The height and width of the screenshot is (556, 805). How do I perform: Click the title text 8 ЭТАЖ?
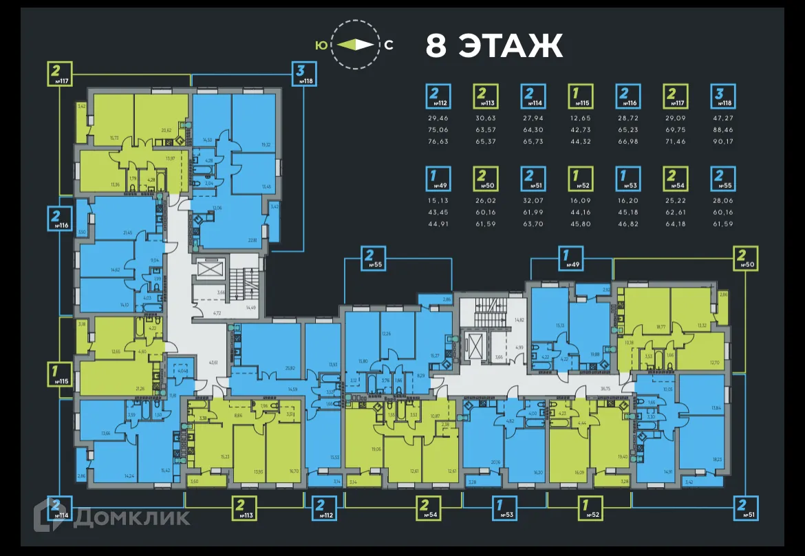click(x=494, y=46)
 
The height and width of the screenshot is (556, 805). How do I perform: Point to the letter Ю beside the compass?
click(x=321, y=45)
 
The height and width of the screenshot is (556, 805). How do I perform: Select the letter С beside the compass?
click(x=389, y=45)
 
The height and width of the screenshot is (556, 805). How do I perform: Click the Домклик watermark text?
click(x=131, y=517)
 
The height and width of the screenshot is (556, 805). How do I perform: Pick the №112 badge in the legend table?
click(x=438, y=96)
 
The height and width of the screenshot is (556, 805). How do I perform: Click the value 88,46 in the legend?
click(x=722, y=129)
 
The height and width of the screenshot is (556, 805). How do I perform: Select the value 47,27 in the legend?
click(x=722, y=118)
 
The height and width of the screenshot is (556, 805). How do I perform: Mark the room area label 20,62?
click(x=166, y=129)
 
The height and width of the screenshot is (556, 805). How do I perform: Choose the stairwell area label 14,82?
click(x=519, y=320)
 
